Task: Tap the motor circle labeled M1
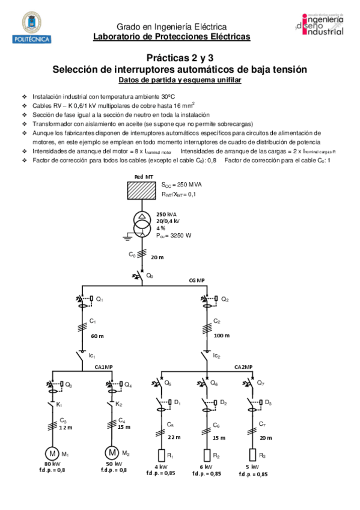[x=52, y=452]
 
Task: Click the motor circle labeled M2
[x=112, y=452]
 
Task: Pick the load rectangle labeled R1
[x=162, y=455]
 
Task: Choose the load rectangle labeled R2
[x=207, y=455]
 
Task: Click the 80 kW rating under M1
[x=52, y=464]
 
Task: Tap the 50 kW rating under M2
[x=113, y=464]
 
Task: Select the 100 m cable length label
[x=222, y=335]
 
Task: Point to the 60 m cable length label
[x=97, y=336]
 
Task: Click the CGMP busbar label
[x=197, y=280]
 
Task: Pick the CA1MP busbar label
[x=104, y=367]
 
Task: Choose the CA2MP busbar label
[x=243, y=367]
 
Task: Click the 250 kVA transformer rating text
[x=167, y=215]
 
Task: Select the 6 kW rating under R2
[x=207, y=467]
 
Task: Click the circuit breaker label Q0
[x=150, y=277]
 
